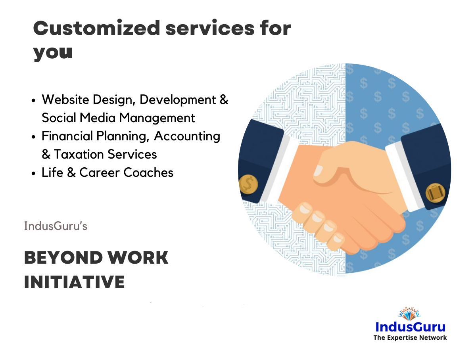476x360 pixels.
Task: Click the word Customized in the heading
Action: click(96, 28)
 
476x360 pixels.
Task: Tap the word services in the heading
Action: click(210, 28)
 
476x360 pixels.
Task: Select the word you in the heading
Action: click(53, 52)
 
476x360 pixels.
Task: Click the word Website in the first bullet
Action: click(65, 100)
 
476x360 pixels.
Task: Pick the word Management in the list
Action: click(157, 118)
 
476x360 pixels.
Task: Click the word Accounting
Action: click(187, 136)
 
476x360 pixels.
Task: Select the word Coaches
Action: click(148, 172)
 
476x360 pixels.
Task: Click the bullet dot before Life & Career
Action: click(33, 173)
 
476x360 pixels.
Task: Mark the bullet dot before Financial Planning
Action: click(33, 137)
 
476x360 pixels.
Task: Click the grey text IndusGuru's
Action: click(56, 226)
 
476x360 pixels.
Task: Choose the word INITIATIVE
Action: click(75, 282)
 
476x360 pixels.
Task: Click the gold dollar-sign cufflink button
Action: click(248, 185)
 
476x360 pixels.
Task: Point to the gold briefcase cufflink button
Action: click(435, 193)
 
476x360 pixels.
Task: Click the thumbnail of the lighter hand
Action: click(318, 170)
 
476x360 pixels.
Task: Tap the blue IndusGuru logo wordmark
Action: click(410, 327)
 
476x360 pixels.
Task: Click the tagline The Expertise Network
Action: click(410, 338)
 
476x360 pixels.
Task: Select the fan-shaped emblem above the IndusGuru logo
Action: click(409, 314)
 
